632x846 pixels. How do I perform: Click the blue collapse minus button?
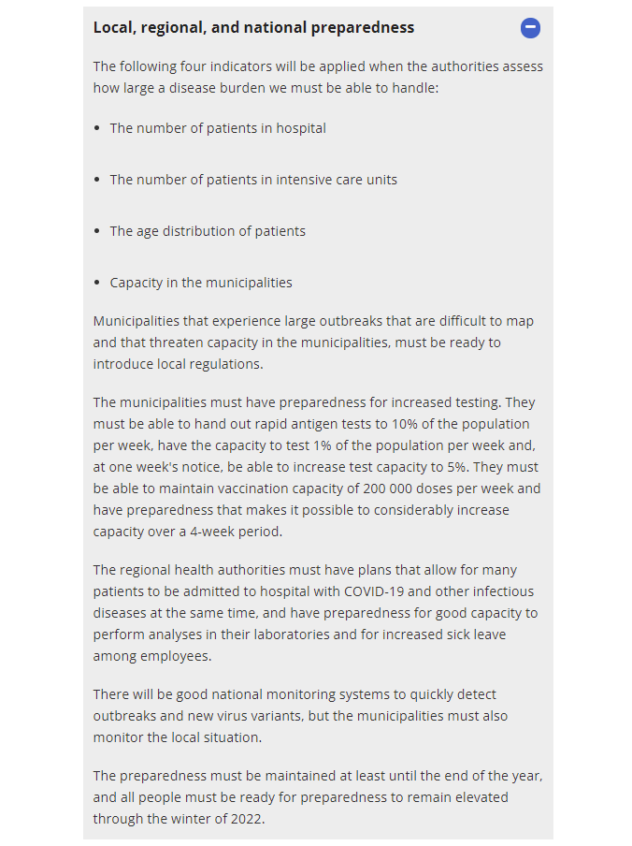click(x=530, y=28)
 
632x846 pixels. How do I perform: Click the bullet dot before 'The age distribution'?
click(x=98, y=231)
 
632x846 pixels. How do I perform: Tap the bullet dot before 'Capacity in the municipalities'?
click(x=98, y=283)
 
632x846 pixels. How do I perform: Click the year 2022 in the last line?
click(x=247, y=819)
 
